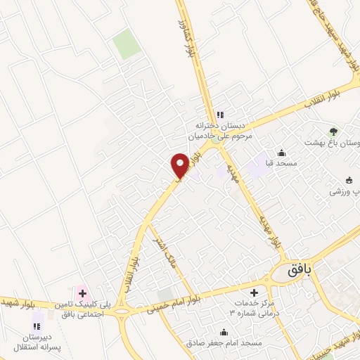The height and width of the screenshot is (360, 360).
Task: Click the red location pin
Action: pyautogui.click(x=180, y=165)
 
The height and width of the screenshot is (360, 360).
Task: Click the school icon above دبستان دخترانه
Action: pyautogui.click(x=219, y=115)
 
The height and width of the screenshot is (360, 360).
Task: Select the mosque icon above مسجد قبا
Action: pyautogui.click(x=282, y=153)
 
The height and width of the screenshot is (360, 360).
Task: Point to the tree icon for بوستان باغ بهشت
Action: pyautogui.click(x=334, y=131)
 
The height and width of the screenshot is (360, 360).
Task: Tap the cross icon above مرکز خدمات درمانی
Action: pyautogui.click(x=255, y=292)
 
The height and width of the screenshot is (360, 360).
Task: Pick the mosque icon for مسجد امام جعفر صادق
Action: pyautogui.click(x=224, y=333)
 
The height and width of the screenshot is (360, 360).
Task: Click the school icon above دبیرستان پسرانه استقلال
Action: pyautogui.click(x=37, y=326)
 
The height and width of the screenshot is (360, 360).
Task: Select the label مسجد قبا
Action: pyautogui.click(x=278, y=164)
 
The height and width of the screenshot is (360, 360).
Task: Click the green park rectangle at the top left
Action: pyautogui.click(x=127, y=45)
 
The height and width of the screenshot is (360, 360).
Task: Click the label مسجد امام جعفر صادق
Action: pyautogui.click(x=224, y=343)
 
